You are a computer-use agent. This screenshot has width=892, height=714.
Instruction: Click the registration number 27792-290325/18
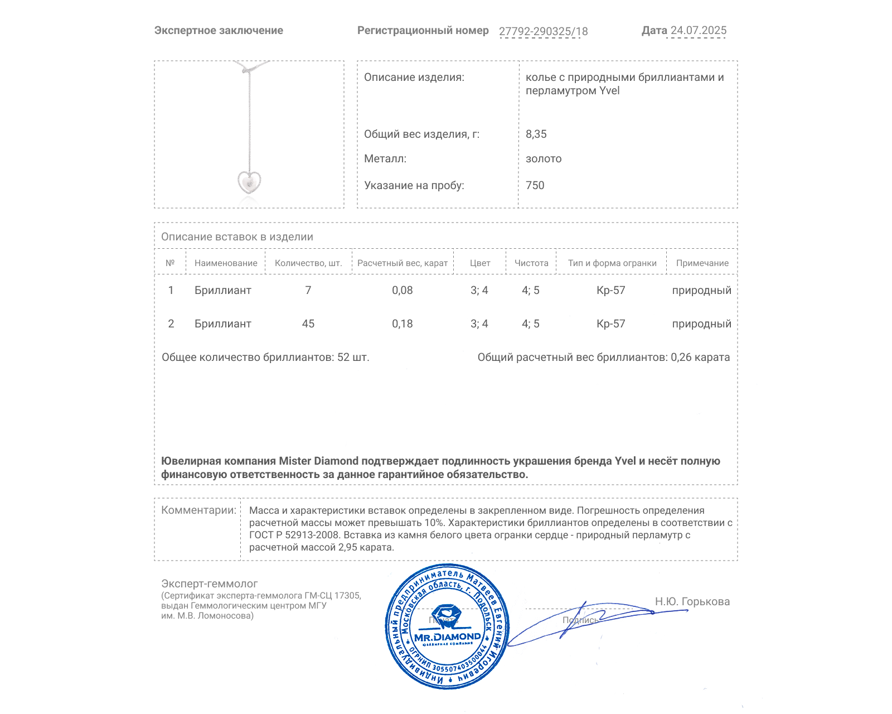coord(543,31)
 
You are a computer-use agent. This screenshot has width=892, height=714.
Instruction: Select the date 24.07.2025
coord(698,31)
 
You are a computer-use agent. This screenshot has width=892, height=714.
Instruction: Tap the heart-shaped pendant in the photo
coord(249,182)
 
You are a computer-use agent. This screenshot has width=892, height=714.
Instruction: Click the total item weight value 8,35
coord(536,134)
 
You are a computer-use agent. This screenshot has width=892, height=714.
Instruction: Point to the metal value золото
coord(544,158)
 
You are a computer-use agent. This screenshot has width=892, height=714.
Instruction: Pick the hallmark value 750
coord(535,185)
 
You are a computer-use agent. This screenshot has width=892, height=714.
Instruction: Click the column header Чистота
coord(531,263)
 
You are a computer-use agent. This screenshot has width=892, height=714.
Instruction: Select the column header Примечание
coord(702,263)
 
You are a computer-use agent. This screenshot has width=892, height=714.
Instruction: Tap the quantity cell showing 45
coord(308,324)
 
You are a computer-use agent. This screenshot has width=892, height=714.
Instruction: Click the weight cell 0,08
coord(402,290)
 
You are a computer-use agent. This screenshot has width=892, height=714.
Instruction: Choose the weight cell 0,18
coord(402,324)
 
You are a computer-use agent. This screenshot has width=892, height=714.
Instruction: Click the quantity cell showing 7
coord(308,290)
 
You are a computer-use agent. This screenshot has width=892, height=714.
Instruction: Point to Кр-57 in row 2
coord(611,324)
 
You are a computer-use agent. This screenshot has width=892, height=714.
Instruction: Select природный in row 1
coord(701,290)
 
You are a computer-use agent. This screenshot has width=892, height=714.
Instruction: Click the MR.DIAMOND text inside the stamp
coord(447,636)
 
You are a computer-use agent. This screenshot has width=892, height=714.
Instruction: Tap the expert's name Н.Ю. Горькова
coord(692,601)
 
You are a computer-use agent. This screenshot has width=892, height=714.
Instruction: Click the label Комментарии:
coord(198,510)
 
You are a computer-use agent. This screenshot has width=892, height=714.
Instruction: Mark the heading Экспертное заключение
coord(219,31)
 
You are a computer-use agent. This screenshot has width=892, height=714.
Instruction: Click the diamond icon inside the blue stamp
coord(447,616)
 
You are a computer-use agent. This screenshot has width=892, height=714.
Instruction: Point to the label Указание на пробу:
coord(414,185)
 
